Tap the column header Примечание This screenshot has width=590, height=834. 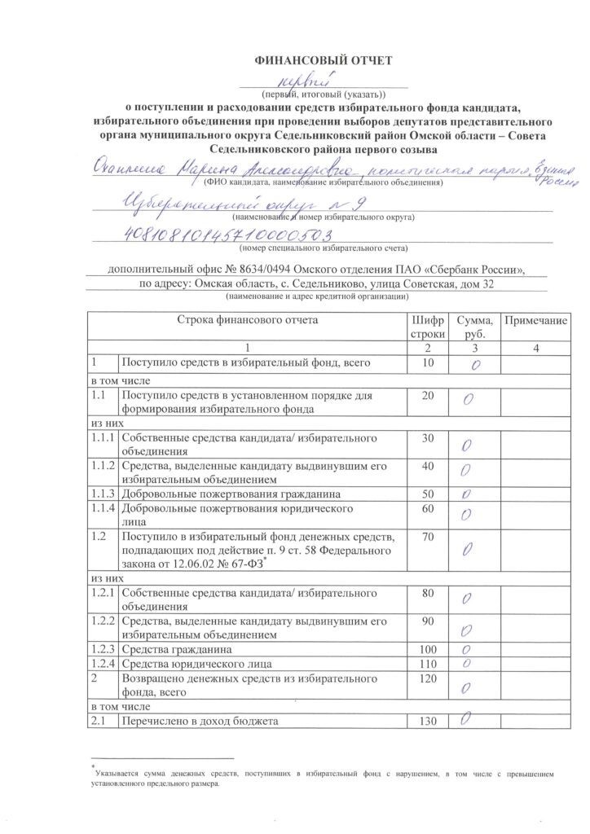535,321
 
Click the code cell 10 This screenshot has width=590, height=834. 426,362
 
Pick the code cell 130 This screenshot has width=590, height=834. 426,722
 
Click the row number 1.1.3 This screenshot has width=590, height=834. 103,494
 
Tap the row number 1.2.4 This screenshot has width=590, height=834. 103,665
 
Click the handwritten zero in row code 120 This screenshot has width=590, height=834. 466,689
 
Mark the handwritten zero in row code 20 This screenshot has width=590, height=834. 468,399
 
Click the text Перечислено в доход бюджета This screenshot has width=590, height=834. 200,722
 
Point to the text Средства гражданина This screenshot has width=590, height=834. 177,650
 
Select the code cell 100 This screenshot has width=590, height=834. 426,650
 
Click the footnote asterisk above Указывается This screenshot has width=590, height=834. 94,766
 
